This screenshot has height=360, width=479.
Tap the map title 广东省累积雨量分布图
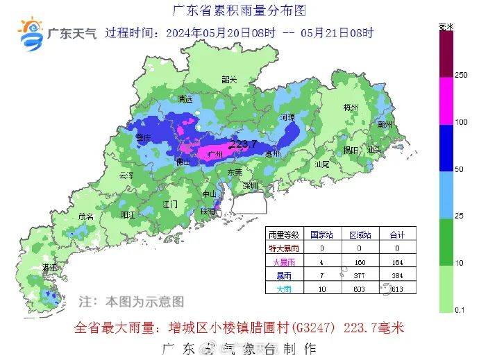238,10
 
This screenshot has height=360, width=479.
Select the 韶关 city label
229,80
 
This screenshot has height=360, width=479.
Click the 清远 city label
185,99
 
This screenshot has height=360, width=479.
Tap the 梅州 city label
351,108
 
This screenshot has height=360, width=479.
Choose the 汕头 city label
375,150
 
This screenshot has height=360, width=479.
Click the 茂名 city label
86,216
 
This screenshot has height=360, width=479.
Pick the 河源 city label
287,117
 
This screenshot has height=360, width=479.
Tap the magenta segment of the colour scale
446,101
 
